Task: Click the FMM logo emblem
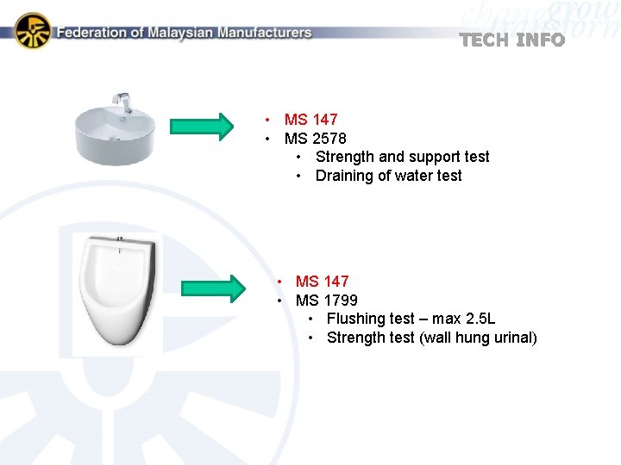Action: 33,31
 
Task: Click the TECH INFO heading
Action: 512,40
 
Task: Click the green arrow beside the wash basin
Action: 202,127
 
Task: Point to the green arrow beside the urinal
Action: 213,288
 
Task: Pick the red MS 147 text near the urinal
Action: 322,282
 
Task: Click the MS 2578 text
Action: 315,139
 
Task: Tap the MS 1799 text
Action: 326,301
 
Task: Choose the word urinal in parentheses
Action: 514,338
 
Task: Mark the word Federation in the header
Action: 91,33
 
